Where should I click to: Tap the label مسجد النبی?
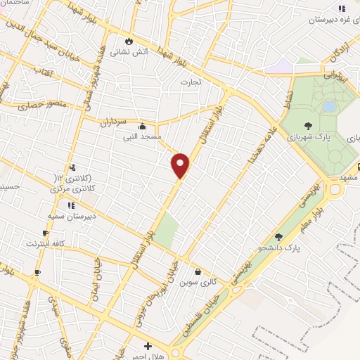pos(143,136)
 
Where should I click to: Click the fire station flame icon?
pos(128,41)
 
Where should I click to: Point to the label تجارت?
pos(191,82)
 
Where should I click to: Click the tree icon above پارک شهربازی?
pos(308,124)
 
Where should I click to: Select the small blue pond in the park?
pos(329,107)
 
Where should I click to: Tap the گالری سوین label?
pos(194,283)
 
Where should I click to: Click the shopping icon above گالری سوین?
pos(198,272)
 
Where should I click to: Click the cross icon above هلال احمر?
pos(148,346)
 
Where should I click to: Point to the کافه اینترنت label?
pos(46,243)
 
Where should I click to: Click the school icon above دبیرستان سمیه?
pos(70,205)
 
